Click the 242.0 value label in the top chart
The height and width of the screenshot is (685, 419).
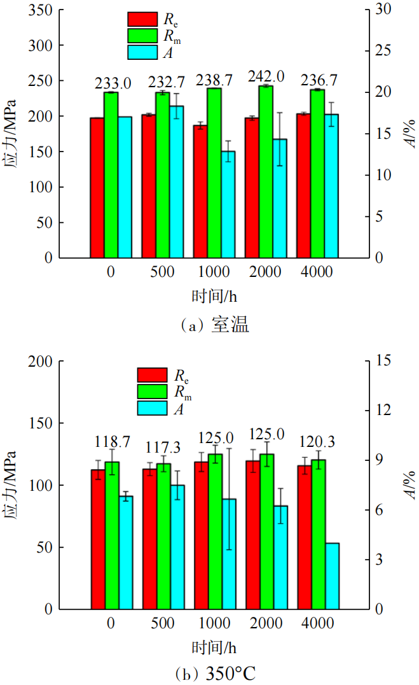266,77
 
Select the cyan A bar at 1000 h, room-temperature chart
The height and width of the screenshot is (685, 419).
228,204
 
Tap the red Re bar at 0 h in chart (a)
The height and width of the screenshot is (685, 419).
97,188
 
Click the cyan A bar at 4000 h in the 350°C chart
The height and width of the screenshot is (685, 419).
332,576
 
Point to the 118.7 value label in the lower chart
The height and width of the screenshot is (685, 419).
113,442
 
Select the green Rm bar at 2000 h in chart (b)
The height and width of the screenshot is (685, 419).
267,531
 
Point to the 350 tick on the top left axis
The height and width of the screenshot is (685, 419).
43,10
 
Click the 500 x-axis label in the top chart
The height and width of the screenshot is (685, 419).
163,272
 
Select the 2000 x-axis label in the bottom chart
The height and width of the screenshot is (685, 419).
266,625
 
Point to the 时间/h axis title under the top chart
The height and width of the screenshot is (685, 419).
215,297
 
